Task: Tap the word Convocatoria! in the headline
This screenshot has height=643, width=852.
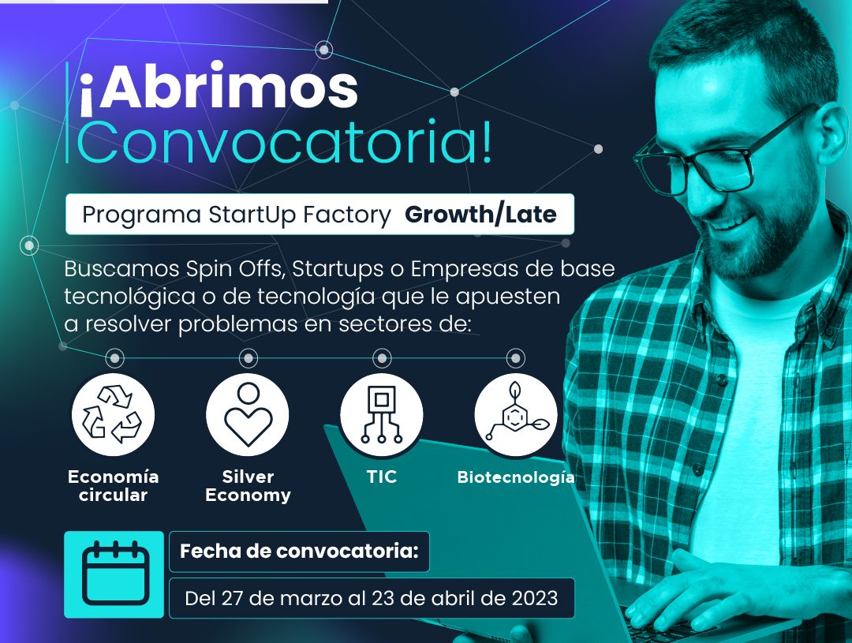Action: [285, 142]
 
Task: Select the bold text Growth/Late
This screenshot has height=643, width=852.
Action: [481, 215]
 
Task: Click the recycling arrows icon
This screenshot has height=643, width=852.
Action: [113, 414]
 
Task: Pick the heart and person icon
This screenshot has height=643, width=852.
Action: [248, 415]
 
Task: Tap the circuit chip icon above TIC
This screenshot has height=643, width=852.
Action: [382, 414]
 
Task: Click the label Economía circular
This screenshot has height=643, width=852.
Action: [113, 485]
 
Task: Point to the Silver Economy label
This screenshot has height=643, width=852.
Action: [248, 485]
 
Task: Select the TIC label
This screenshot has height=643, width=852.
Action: [382, 477]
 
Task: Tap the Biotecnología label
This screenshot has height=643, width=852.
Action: [516, 477]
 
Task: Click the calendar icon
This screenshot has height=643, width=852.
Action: [114, 574]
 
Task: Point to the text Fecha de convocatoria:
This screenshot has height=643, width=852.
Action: [300, 551]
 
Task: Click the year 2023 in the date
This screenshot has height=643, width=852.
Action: [535, 599]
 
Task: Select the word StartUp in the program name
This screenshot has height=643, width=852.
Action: [252, 215]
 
